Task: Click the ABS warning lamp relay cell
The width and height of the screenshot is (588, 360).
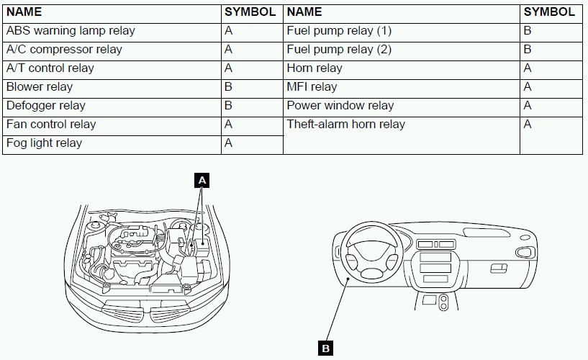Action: point(71,31)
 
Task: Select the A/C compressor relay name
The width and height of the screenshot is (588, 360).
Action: point(64,50)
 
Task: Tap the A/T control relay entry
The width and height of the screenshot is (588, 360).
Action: point(50,68)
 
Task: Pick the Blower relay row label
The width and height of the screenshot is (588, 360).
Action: point(40,87)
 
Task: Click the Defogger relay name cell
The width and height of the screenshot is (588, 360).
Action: point(46,106)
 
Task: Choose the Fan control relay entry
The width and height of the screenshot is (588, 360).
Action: point(51,125)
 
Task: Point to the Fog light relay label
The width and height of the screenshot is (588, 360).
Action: point(44,143)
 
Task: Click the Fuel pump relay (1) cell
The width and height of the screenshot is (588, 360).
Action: point(339,31)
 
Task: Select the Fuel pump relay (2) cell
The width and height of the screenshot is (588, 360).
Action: point(339,50)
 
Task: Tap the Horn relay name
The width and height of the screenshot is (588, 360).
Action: point(315,68)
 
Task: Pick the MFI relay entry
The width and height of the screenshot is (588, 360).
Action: point(312,87)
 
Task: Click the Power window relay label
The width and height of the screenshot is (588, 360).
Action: point(340,106)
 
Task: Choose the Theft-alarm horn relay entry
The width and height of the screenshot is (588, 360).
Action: point(346,125)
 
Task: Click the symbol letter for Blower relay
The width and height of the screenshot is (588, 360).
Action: point(228,87)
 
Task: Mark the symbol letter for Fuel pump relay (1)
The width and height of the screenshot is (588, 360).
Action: point(528,31)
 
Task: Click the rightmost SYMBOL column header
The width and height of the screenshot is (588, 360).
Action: point(549,12)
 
